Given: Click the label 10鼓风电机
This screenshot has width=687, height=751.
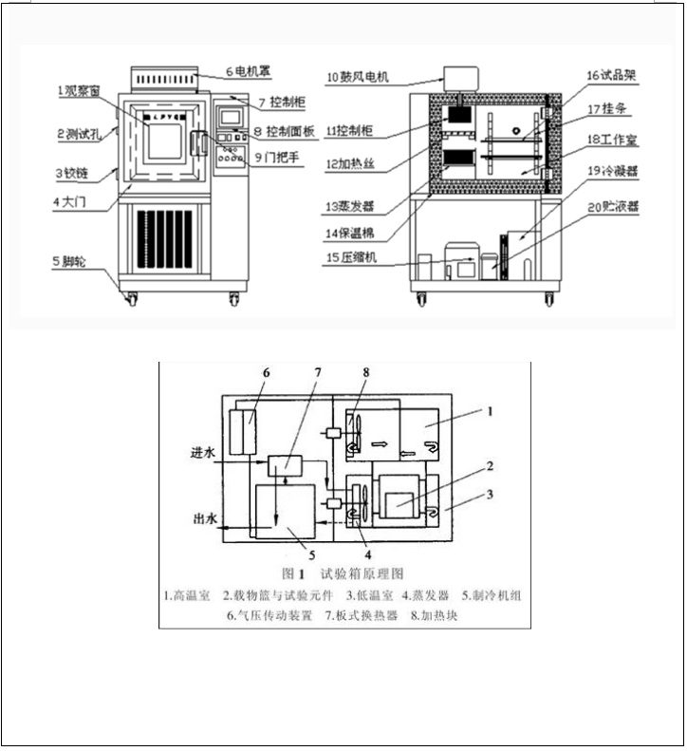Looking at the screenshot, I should point(361,76).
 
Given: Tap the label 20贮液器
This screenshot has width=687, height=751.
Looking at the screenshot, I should point(611,204).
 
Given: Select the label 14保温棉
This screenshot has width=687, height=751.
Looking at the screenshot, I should point(357,231).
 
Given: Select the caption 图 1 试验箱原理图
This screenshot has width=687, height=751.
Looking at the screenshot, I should point(343,574).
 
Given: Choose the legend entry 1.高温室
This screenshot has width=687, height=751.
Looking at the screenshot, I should point(187,596).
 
